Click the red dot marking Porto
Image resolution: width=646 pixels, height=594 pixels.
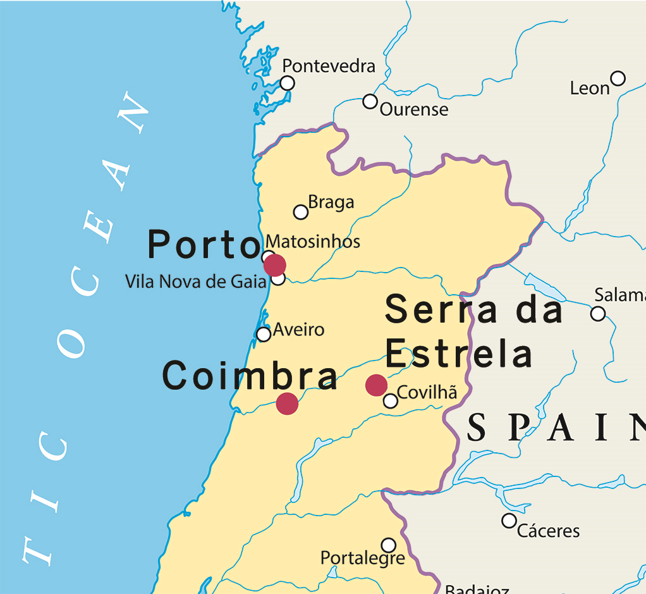click(x=274, y=265)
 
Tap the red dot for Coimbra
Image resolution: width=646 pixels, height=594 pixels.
click(x=287, y=403)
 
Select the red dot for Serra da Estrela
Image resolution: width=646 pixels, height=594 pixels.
click(x=376, y=385)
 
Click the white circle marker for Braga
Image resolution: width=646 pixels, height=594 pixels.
click(x=301, y=212)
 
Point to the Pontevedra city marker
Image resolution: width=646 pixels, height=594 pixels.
click(x=287, y=83)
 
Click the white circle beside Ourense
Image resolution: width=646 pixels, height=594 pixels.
click(x=370, y=101)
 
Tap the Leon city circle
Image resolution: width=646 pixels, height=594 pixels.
click(x=618, y=78)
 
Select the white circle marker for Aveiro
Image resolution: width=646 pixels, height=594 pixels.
click(x=264, y=334)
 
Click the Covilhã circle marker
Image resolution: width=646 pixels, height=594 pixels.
click(x=391, y=400)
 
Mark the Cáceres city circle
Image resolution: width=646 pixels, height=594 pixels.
click(x=509, y=521)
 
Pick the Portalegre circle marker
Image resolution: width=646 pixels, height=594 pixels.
click(x=389, y=545)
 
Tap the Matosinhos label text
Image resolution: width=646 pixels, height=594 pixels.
click(x=313, y=241)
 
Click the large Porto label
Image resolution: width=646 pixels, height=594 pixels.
click(x=204, y=245)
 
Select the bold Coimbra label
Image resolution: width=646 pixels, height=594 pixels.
click(x=250, y=376)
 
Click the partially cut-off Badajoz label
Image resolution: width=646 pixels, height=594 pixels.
click(x=477, y=590)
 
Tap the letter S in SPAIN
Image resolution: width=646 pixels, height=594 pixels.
click(x=477, y=428)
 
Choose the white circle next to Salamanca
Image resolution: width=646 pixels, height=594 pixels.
click(x=597, y=313)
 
